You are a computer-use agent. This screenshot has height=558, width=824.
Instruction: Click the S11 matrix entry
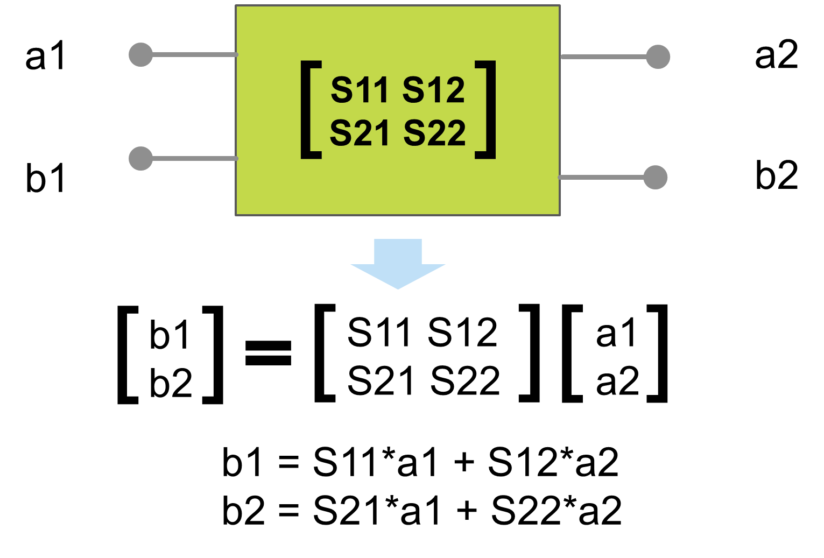tap(360, 90)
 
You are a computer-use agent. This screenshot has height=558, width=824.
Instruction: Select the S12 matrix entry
tap(433, 90)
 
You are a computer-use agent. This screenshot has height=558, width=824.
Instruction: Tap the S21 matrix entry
tap(360, 133)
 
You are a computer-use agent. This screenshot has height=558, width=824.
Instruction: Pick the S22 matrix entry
tap(434, 133)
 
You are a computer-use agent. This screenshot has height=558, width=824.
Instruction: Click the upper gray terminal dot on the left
tap(141, 54)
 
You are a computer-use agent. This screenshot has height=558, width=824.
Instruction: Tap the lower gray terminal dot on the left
tap(141, 158)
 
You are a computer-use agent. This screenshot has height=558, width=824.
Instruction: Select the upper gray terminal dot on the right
tap(658, 56)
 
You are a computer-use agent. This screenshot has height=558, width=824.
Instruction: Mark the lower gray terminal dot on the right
tap(656, 177)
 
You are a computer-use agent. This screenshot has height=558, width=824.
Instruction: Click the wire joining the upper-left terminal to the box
tap(194, 54)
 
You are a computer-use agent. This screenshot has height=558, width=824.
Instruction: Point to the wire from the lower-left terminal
tap(194, 158)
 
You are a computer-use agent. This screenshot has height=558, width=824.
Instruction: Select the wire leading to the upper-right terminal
tap(603, 56)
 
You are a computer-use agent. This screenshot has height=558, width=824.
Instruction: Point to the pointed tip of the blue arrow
tap(398, 287)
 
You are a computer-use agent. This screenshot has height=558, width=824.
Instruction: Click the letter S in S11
tap(341, 90)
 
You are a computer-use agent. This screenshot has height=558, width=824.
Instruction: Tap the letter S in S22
tap(414, 133)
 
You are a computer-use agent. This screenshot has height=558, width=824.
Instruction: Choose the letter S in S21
tap(341, 133)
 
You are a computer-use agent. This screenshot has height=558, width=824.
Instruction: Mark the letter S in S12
tap(413, 90)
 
